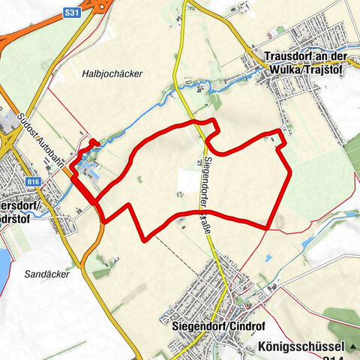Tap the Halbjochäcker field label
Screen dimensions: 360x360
(x=112, y=73)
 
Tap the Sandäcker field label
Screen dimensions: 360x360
(x=46, y=274)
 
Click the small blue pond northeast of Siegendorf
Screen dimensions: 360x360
(x=307, y=242)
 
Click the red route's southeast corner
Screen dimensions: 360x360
(x=267, y=227)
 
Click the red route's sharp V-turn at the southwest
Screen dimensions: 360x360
(x=145, y=238)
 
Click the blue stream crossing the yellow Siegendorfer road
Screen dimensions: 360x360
(x=180, y=88)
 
